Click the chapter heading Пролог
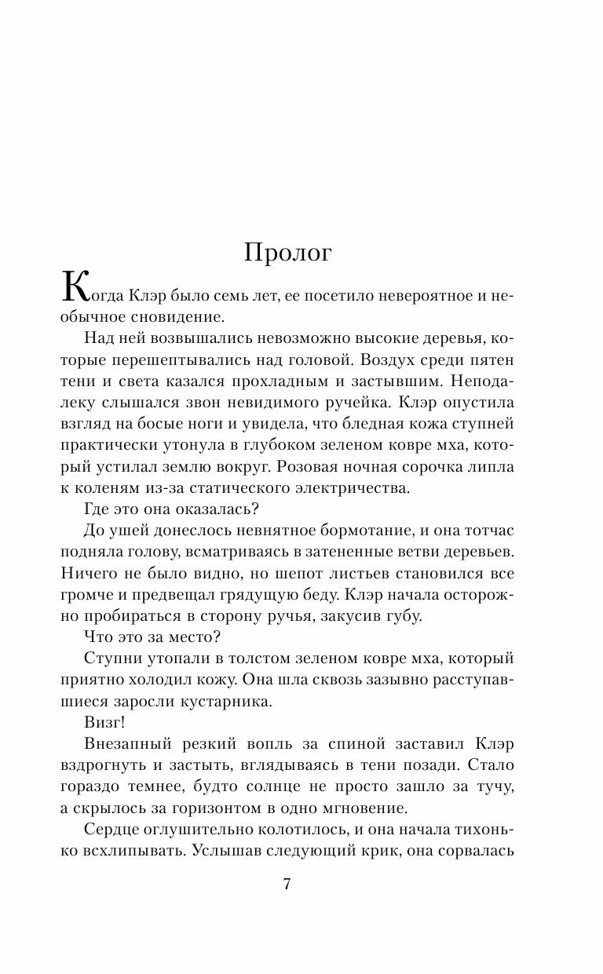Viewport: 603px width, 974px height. (288, 254)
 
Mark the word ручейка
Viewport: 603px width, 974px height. (358, 403)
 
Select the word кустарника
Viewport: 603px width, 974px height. (230, 700)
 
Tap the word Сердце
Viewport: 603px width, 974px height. (111, 828)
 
